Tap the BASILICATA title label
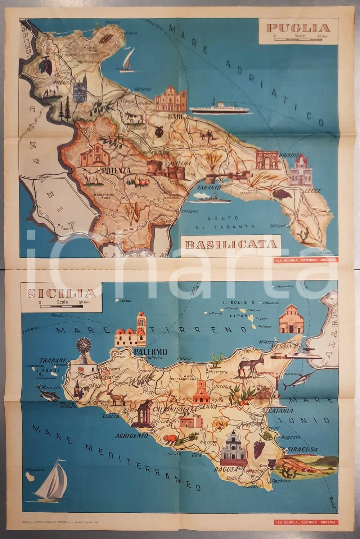231,244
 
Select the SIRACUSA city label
302,449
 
